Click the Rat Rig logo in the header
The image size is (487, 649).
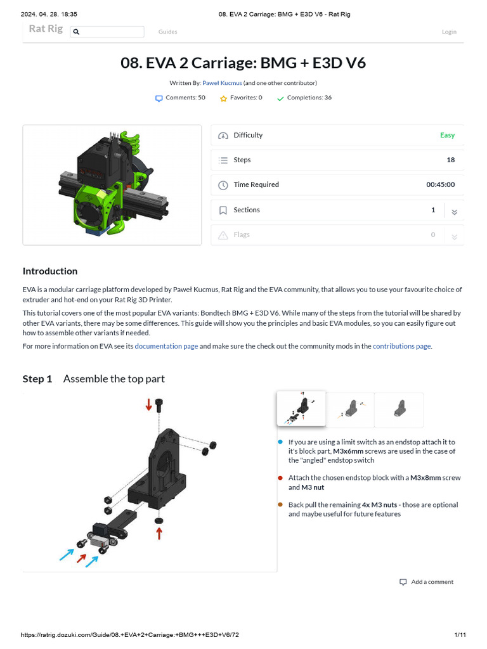click(x=46, y=29)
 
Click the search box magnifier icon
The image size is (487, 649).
click(x=76, y=32)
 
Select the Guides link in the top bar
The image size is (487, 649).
click(x=167, y=32)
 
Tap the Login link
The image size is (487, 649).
click(x=449, y=32)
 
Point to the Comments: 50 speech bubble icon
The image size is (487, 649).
click(x=159, y=98)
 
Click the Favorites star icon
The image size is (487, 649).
click(x=223, y=98)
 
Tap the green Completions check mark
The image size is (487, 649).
click(x=280, y=98)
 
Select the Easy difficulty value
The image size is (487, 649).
click(x=447, y=135)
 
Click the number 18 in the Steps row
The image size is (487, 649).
click(x=450, y=160)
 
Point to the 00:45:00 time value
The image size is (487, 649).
click(x=440, y=184)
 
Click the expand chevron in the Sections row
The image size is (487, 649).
click(x=454, y=211)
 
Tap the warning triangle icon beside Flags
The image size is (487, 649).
click(x=223, y=235)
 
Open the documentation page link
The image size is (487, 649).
click(x=166, y=346)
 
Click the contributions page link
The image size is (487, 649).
click(x=401, y=346)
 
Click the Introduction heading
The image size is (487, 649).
click(x=50, y=271)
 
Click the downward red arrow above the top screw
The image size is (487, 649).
click(x=149, y=404)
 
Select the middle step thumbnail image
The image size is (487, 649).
click(x=350, y=409)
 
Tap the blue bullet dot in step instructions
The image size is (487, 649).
click(x=280, y=442)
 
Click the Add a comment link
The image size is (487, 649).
click(x=432, y=582)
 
